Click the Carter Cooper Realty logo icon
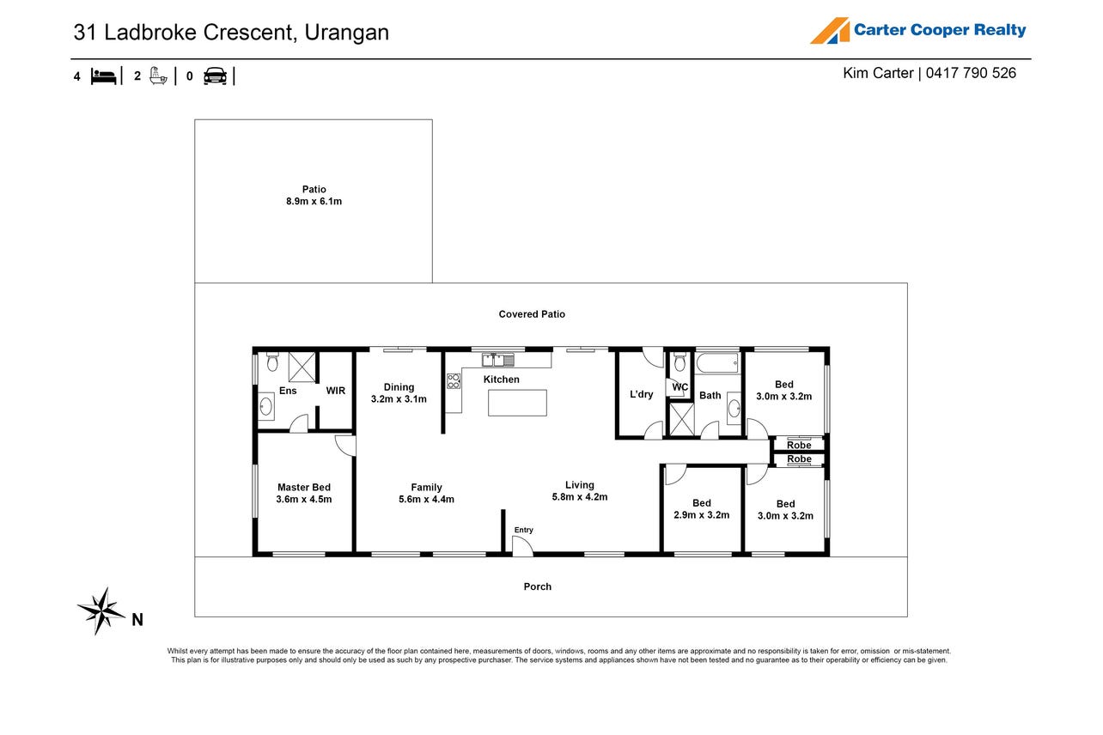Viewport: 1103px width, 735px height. tap(830, 31)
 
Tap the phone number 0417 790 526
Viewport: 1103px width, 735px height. tap(971, 73)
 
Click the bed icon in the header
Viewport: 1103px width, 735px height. tap(103, 76)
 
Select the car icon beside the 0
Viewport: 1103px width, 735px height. tap(215, 76)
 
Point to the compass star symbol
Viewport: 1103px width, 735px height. tap(101, 610)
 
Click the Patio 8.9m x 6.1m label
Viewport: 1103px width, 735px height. tap(314, 195)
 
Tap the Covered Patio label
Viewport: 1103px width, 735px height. tap(532, 314)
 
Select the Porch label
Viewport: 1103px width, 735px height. tap(537, 586)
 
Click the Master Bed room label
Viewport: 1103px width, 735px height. tap(304, 493)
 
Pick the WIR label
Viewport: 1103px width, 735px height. tap(335, 391)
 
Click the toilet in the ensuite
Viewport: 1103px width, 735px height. tap(271, 361)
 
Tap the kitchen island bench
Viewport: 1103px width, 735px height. tap(517, 403)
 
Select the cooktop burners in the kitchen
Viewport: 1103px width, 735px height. tap(454, 381)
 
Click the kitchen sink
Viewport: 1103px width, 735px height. tap(498, 360)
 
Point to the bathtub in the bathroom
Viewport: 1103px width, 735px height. tap(717, 363)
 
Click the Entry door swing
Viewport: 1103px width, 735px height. tap(523, 544)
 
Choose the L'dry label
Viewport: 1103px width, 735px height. tap(641, 394)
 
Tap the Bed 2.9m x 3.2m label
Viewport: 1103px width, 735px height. tap(701, 508)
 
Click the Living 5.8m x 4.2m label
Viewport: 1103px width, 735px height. tap(580, 491)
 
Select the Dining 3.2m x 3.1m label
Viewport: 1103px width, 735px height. tap(399, 393)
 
